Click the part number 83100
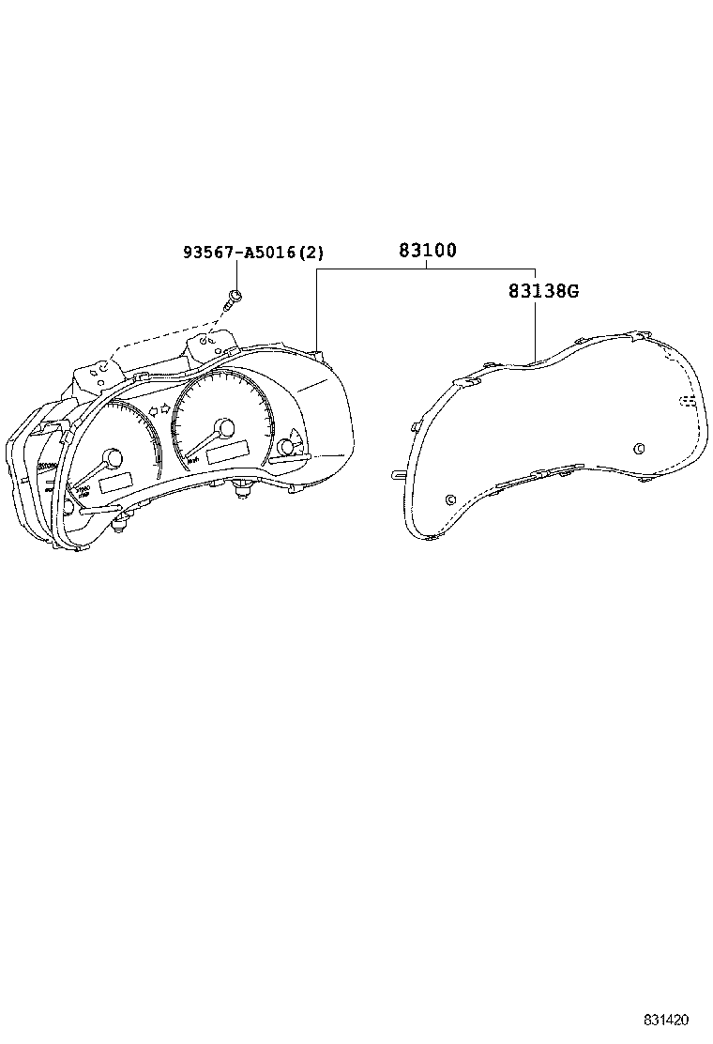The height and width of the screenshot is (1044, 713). (428, 251)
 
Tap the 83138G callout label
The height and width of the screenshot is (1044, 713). (543, 291)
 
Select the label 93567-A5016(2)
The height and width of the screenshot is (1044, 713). (253, 253)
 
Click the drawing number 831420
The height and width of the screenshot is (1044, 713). (666, 1020)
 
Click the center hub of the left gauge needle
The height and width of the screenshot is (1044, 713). (113, 459)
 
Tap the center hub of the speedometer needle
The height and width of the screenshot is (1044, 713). (225, 428)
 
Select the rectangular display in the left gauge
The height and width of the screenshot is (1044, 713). (115, 483)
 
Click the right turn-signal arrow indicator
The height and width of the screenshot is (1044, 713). (166, 407)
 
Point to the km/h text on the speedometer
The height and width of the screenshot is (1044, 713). (193, 459)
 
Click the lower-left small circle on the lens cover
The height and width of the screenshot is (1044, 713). (449, 499)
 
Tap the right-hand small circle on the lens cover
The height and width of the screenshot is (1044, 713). (639, 448)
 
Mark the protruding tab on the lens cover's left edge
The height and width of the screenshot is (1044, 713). (398, 474)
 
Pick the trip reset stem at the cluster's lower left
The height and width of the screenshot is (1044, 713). (121, 524)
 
